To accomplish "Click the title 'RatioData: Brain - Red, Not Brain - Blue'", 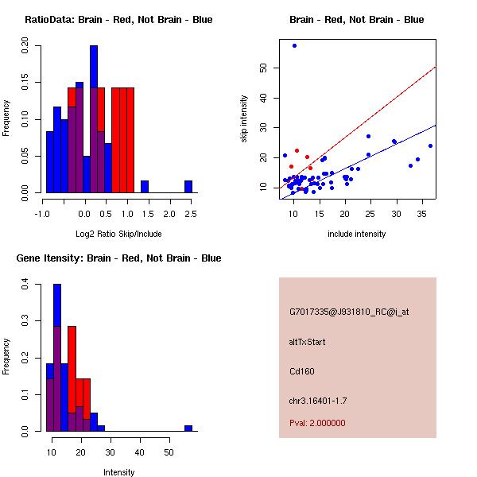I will point(118,19).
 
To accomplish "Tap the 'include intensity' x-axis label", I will point(357,234).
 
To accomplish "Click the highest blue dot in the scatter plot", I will point(294,46).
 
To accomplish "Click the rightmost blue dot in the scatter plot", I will point(430,145).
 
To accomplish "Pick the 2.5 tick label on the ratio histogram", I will point(189,214).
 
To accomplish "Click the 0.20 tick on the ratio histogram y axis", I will point(25,48).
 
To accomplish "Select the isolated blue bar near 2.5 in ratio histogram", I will point(188,186).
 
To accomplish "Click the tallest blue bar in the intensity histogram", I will point(57,357).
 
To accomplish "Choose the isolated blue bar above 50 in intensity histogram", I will point(188,428).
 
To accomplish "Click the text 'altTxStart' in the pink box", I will point(307,342).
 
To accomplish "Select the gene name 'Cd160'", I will point(301,370).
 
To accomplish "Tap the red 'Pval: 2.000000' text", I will point(317,423).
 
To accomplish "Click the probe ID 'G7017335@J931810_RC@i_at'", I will point(349,312).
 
